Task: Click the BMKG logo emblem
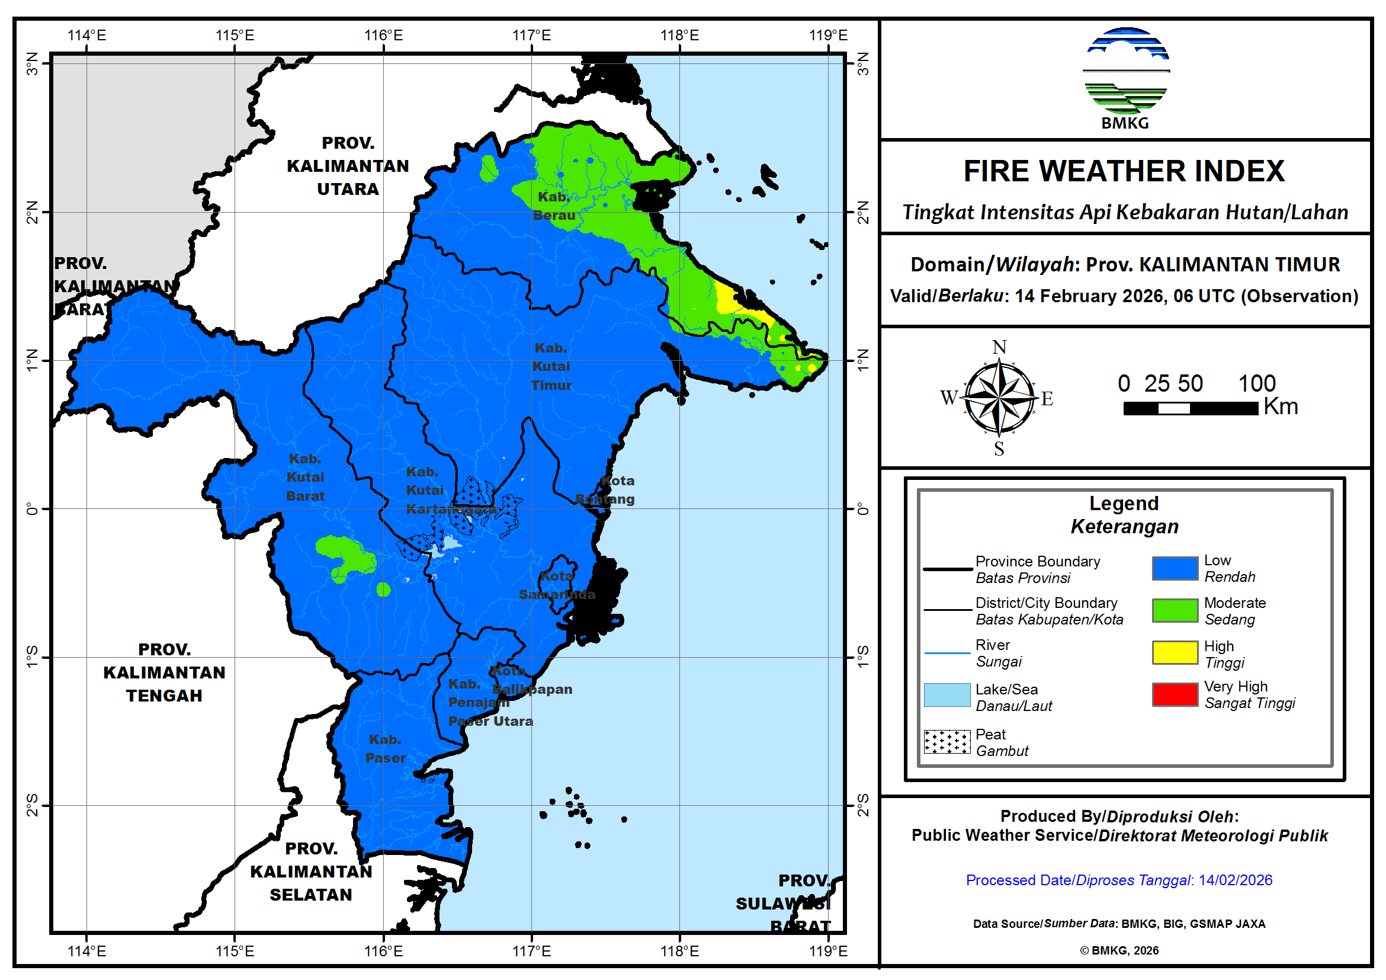(1127, 71)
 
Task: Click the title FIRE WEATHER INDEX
(1124, 171)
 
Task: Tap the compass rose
(999, 399)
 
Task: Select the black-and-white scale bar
(1190, 409)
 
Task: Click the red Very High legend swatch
(1175, 695)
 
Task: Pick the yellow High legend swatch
(1175, 654)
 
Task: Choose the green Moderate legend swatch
(1175, 610)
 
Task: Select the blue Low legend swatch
(1175, 569)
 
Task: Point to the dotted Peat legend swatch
(947, 742)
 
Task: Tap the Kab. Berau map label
(554, 206)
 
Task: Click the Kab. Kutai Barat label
(305, 478)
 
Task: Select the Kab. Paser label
(385, 750)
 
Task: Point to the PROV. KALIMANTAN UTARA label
(348, 166)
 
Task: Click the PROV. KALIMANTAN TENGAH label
(164, 672)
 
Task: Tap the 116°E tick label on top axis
(383, 35)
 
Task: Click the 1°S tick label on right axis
(863, 657)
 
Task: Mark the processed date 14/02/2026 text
(1235, 880)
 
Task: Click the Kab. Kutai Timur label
(551, 367)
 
